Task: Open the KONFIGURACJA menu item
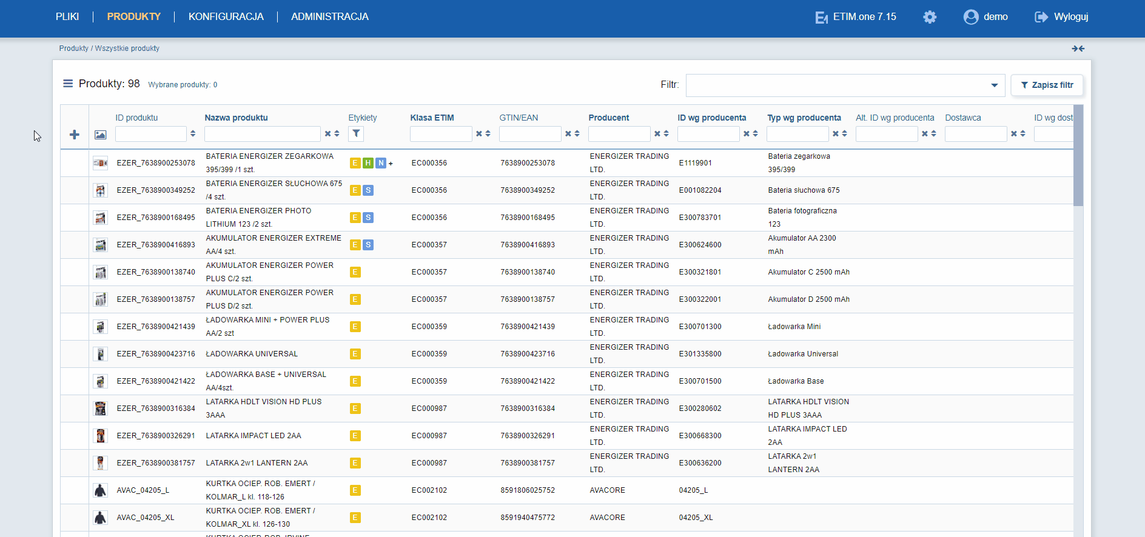pos(226,17)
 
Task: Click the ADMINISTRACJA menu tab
pos(330,17)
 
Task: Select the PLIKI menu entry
pos(67,17)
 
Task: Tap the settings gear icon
pos(930,17)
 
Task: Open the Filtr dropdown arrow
pos(995,85)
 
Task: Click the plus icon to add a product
pos(75,135)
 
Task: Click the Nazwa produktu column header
pos(236,118)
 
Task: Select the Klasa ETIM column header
pos(432,118)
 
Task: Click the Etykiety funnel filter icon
pos(356,134)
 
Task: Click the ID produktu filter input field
pos(151,134)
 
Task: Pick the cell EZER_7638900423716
pos(156,354)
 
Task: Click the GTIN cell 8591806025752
pos(528,490)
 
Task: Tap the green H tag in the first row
pos(368,163)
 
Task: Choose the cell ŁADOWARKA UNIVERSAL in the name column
pos(252,354)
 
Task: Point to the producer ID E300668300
pos(700,436)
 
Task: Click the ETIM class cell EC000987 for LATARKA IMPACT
pos(429,436)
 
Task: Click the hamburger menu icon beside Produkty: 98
pos(68,84)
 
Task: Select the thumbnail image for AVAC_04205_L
pos(100,490)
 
